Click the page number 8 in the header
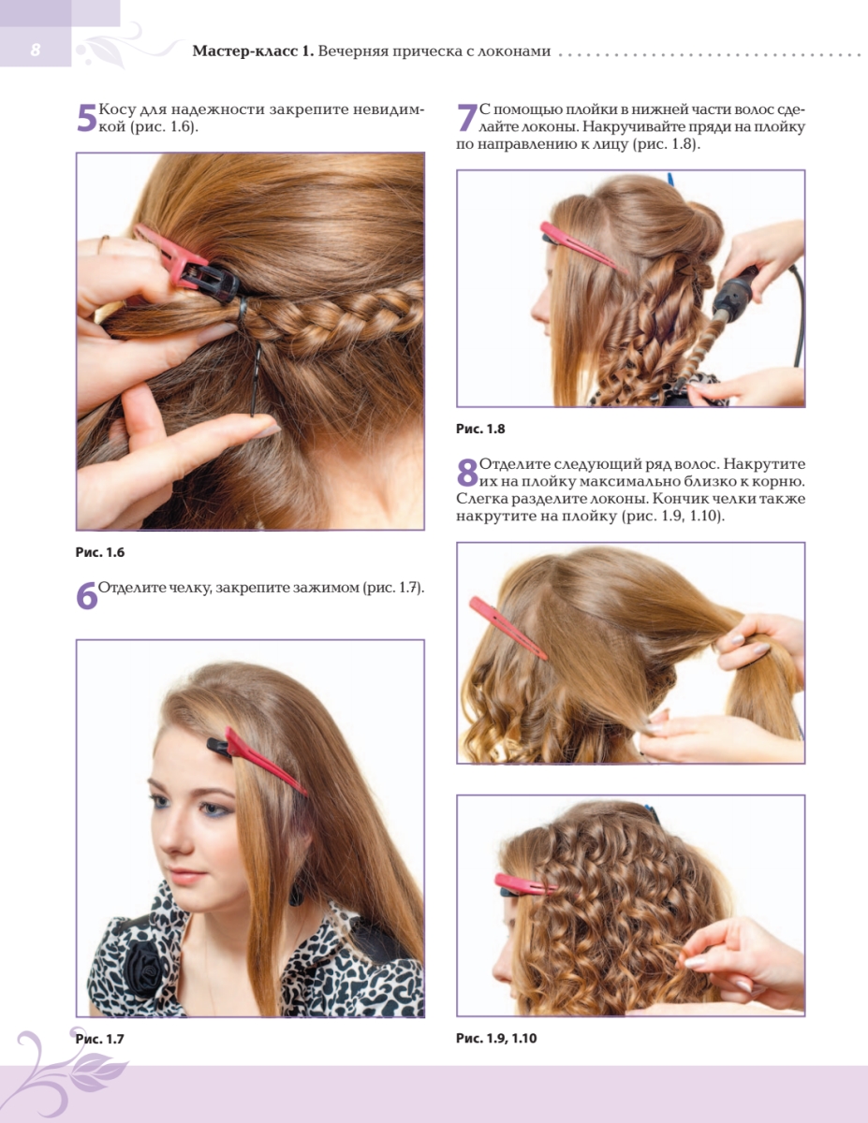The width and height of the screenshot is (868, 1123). (x=36, y=50)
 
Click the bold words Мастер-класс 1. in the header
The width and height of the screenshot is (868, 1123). (x=253, y=51)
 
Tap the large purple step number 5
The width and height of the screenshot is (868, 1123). (x=87, y=118)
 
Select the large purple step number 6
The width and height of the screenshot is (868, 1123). (x=87, y=595)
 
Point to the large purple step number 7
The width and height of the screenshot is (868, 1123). (x=467, y=118)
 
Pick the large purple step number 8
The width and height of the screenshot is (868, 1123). (x=467, y=473)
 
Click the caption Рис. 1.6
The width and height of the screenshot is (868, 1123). (x=100, y=552)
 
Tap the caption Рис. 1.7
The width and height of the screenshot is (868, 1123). (x=100, y=1039)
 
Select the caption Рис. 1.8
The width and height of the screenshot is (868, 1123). (x=480, y=429)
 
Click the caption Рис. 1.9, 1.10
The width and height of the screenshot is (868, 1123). (x=496, y=1038)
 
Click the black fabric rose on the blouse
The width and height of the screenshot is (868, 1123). (x=145, y=968)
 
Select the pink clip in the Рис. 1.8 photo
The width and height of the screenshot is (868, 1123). (x=583, y=248)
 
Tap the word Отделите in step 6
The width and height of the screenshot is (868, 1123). (x=132, y=588)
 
